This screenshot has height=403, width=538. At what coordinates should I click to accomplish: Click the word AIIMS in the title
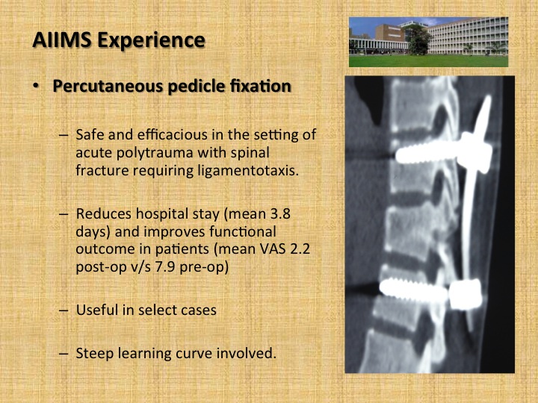tap(62, 40)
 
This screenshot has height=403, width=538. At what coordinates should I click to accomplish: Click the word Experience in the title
tap(151, 40)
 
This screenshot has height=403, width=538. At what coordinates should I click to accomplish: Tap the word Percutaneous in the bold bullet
tap(108, 86)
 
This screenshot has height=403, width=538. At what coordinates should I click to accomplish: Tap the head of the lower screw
tap(466, 295)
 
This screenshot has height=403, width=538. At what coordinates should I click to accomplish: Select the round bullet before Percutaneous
tap(36, 86)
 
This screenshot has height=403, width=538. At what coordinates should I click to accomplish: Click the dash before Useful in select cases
tap(64, 310)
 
